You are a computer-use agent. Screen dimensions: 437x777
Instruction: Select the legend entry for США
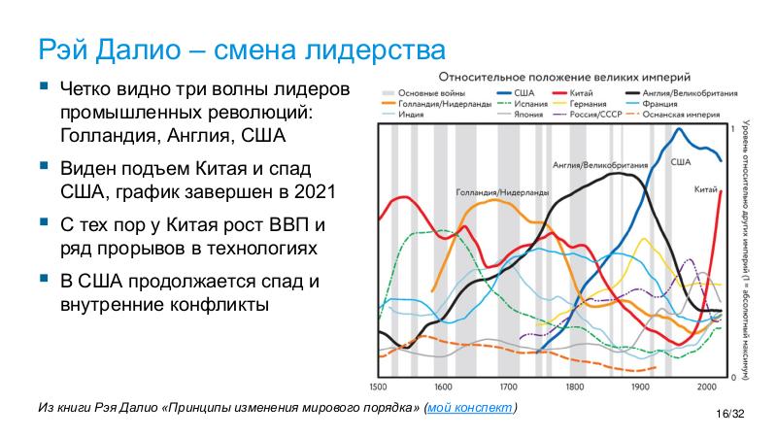514,92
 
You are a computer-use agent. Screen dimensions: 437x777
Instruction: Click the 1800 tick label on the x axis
574,386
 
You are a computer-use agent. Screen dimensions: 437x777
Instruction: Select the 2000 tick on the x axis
705,386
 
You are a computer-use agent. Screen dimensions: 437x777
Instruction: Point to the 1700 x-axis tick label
509,386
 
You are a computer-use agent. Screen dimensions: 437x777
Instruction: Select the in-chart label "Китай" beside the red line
706,189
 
